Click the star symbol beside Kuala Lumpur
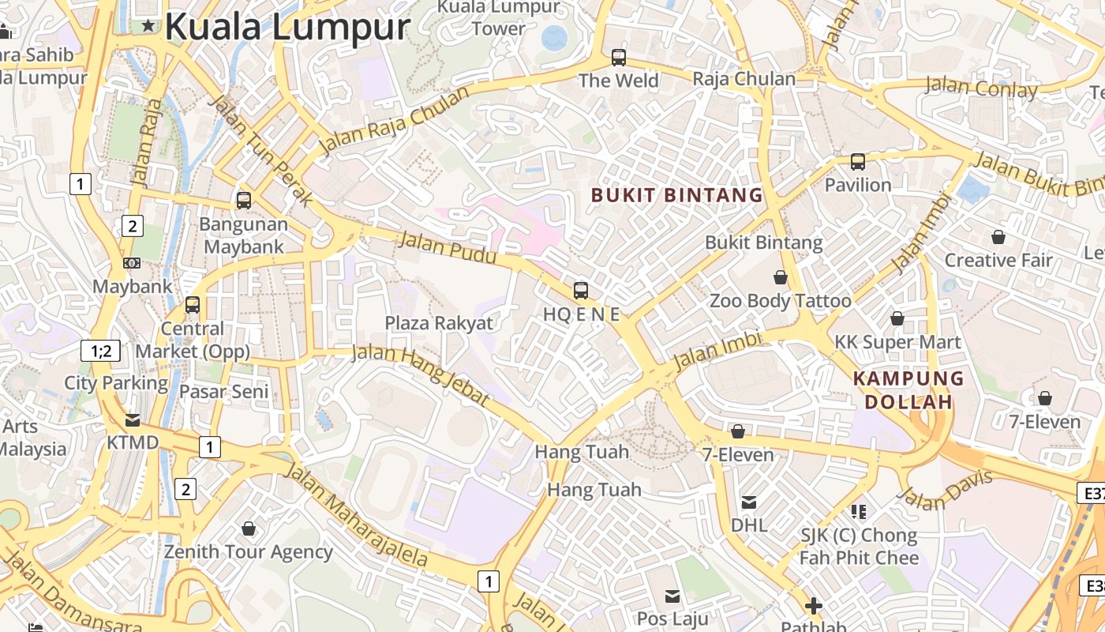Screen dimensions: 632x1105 (148, 26)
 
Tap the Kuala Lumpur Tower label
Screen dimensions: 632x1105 (498, 17)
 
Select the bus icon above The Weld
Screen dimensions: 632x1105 (619, 58)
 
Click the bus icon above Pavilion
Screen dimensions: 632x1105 (858, 162)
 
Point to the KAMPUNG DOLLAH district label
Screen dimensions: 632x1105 (908, 390)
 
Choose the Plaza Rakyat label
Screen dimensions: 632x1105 (439, 323)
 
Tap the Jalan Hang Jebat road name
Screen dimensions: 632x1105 (420, 374)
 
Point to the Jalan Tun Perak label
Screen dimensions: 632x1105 (260, 150)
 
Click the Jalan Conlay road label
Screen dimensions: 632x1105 (981, 87)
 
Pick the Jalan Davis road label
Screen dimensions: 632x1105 (945, 489)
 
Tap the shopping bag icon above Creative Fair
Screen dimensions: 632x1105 (998, 237)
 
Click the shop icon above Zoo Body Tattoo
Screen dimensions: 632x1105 (781, 277)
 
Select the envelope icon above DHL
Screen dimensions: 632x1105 (748, 502)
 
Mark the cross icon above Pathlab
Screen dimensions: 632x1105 (814, 607)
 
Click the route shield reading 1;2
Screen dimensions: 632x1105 (101, 351)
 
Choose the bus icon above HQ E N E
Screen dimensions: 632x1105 (581, 291)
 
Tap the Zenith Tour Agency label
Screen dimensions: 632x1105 (248, 551)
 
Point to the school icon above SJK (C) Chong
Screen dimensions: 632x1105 (859, 512)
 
